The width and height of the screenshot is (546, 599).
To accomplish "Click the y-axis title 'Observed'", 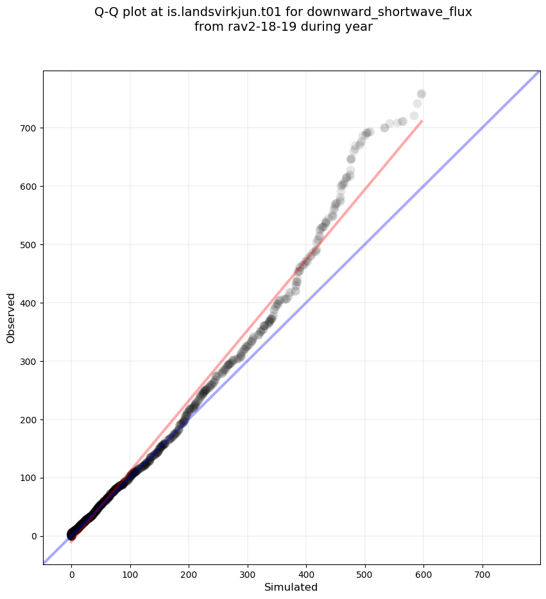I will (11, 317).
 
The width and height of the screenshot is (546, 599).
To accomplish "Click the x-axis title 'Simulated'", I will (291, 587).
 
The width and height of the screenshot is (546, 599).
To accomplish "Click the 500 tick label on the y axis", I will (30, 245).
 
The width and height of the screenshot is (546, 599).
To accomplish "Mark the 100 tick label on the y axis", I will (30, 478).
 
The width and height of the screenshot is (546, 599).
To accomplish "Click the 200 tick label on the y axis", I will (30, 419).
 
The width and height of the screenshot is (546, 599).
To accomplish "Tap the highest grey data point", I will (422, 94).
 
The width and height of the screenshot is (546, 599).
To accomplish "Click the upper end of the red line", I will (422, 121).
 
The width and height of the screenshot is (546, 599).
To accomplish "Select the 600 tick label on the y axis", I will (30, 187).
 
